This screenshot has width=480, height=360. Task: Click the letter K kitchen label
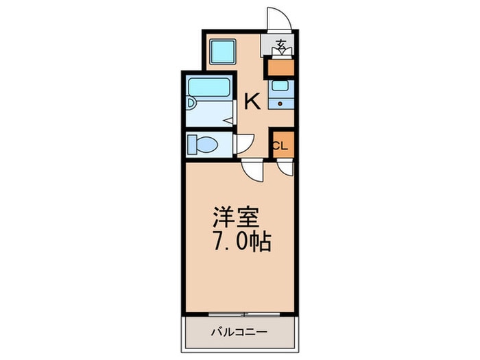pos(252,101)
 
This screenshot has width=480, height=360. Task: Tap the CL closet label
pos(280,146)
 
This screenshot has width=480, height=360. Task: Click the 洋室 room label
pos(236,217)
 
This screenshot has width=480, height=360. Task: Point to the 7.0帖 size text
pos(242,241)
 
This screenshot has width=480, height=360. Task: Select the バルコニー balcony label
pos(239,332)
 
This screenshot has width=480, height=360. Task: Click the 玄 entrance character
pos(281,45)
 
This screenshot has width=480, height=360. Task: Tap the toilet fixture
pos(202,144)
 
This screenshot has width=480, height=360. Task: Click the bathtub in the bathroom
pos(209,87)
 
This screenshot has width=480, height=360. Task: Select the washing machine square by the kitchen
pos(224,51)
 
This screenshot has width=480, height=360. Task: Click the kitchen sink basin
pos(280,86)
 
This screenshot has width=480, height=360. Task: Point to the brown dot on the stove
pos(280,104)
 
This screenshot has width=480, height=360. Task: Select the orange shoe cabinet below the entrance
pos(281,68)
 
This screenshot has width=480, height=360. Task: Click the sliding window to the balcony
pos(244,314)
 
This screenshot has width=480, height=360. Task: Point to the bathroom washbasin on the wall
pos(191,103)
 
